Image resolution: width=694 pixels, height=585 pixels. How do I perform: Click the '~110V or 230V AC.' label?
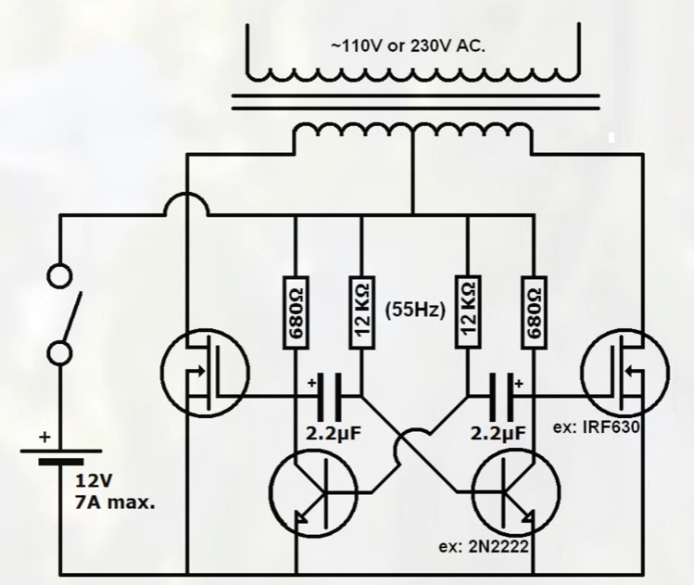[408, 46]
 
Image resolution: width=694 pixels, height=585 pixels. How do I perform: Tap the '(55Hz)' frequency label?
[415, 310]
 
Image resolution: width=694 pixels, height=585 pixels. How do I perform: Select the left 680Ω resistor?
[296, 312]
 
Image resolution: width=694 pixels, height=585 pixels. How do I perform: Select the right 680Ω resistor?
[535, 312]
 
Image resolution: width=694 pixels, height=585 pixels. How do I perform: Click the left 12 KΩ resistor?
[362, 312]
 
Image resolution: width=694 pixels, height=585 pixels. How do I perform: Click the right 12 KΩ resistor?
[468, 312]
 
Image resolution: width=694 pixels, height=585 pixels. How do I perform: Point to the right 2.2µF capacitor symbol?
[501, 397]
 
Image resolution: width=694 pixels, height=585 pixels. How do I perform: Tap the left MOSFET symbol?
[205, 373]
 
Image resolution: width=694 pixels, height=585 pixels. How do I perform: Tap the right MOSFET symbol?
[625, 373]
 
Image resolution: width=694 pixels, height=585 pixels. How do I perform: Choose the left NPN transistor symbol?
[314, 492]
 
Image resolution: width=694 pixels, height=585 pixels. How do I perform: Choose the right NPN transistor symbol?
[516, 492]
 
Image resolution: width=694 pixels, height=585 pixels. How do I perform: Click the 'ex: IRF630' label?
[597, 427]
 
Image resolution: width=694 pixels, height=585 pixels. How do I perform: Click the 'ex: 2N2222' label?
[484, 547]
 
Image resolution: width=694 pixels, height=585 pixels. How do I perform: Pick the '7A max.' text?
[115, 503]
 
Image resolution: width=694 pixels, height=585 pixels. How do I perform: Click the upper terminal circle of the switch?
[59, 276]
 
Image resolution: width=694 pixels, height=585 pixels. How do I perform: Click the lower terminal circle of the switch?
[59, 353]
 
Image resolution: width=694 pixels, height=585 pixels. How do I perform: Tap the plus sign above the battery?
[44, 438]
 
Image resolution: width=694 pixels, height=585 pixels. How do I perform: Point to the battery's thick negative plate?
[60, 462]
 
